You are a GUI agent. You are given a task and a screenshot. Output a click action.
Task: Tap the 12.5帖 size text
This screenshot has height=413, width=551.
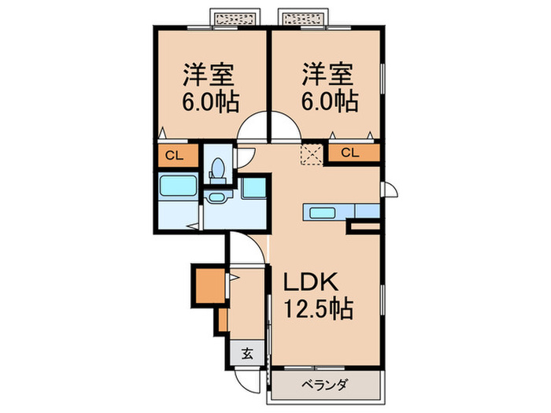point(313,307)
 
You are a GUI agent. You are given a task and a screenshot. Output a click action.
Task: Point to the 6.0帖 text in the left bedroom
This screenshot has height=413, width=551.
point(211,101)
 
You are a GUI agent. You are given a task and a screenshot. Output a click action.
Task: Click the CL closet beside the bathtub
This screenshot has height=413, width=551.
point(174,156)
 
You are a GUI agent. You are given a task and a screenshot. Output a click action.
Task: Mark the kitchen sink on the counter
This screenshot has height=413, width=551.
point(323,212)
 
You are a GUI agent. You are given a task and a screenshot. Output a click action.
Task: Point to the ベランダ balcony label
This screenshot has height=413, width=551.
point(324,385)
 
